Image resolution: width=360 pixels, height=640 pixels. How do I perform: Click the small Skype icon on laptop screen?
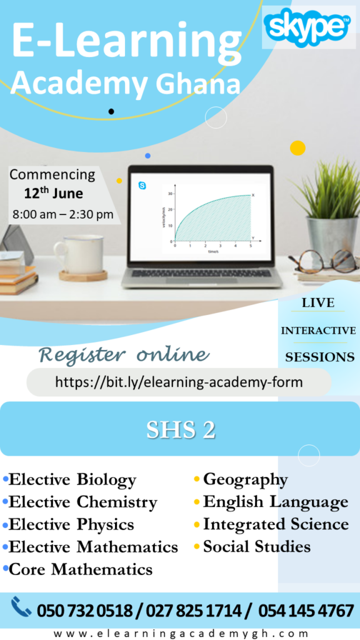[142, 185]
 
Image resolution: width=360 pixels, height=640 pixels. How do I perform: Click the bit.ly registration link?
[179, 382]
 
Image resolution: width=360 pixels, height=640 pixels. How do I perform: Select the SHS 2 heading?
[181, 429]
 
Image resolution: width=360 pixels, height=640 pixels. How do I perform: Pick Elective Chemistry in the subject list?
[82, 502]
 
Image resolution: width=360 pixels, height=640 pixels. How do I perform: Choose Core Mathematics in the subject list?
[80, 569]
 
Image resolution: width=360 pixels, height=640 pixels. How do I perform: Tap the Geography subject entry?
[245, 480]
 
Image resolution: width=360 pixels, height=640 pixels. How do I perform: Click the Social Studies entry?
[256, 547]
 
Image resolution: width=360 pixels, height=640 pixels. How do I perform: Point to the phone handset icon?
[21, 607]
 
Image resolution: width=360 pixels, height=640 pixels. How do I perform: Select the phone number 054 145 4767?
[306, 611]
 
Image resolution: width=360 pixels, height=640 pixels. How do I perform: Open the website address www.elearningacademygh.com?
[181, 632]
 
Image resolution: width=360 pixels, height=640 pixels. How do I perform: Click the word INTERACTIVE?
[318, 331]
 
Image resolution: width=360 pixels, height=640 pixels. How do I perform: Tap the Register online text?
[123, 355]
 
